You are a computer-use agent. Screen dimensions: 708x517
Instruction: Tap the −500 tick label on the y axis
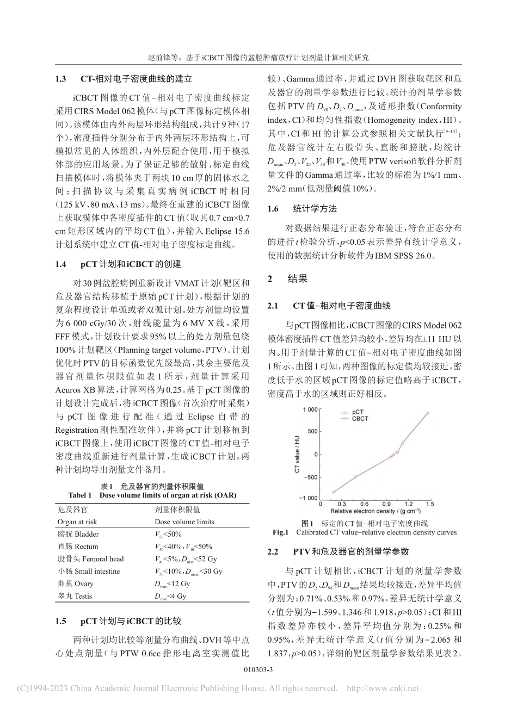tap(309, 478)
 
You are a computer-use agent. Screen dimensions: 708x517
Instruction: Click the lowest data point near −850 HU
tap(334, 492)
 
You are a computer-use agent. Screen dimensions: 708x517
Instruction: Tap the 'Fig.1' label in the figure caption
tap(282, 532)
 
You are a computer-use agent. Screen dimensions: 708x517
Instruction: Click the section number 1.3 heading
tap(60, 78)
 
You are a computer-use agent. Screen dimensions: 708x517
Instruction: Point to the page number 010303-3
tap(258, 670)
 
